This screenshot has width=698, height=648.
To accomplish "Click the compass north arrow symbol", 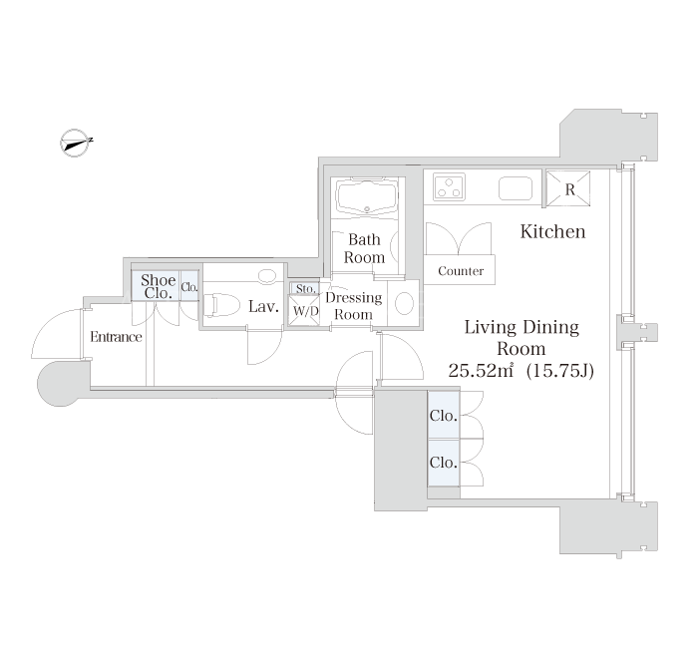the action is pos(76,143).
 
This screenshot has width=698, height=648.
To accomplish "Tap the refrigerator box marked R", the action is pos(568,188).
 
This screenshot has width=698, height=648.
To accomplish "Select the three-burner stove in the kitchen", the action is pos(449,187).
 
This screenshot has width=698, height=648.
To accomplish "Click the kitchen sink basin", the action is pos(516,188).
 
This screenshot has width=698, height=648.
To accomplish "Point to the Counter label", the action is pos(461,270).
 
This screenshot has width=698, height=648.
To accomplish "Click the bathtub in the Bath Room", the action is pos(367,198).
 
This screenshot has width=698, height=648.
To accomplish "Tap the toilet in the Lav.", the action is pos(222,304).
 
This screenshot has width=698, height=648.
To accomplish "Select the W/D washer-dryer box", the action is pos(305,311).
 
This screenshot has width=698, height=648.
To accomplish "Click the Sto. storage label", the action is pos(306,289).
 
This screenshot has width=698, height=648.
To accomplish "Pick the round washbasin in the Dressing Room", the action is pos(405,303).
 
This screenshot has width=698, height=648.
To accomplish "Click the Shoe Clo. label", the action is pos(158,286).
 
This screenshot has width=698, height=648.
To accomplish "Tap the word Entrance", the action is pos(116,337).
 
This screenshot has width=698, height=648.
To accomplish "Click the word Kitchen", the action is pos(552,231).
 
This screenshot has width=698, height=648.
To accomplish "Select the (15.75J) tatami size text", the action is pos(560,370).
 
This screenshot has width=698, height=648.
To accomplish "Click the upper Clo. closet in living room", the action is pos(444,416).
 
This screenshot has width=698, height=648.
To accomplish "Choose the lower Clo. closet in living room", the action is pos(444,463).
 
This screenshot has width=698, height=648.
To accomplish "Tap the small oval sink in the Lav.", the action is pos(267,276).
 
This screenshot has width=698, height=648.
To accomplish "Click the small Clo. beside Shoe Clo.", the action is pos(189,287).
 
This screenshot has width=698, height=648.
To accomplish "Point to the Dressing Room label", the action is pos(353,305).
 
